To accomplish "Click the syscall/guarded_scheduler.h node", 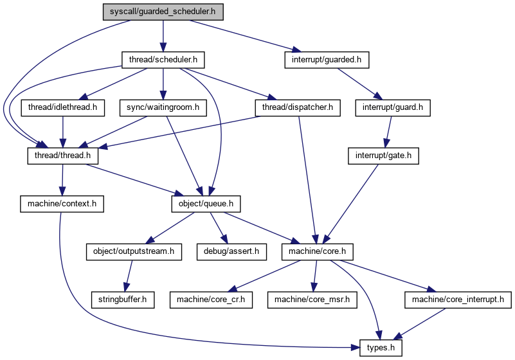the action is (x=163, y=12).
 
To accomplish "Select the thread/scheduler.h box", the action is (x=163, y=60).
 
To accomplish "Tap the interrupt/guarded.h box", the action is (x=327, y=60).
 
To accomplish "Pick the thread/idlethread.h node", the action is (x=63, y=108).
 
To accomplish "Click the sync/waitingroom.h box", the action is (x=163, y=108).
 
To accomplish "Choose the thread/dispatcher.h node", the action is (x=298, y=108).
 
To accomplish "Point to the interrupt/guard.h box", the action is (x=392, y=108).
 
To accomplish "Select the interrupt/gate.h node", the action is (x=383, y=156).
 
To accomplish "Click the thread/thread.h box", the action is (x=63, y=156).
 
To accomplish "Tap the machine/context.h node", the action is (x=62, y=204).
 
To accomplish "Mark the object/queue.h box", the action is (x=206, y=204).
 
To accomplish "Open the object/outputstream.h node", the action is (x=134, y=252).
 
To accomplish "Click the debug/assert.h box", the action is (x=231, y=252).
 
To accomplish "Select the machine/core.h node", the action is (x=317, y=252).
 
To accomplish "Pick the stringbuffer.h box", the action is (x=123, y=300).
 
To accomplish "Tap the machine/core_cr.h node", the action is (x=211, y=300).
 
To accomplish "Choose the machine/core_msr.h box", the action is (x=312, y=300).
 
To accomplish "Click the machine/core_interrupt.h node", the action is (x=458, y=300).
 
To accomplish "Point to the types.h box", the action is (x=381, y=348).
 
